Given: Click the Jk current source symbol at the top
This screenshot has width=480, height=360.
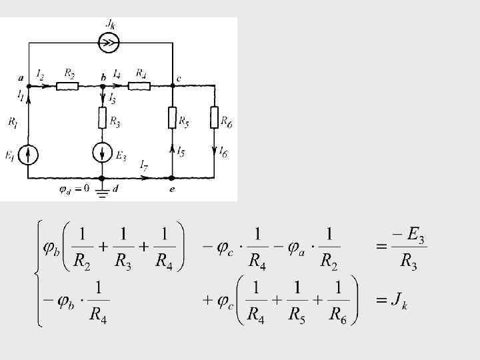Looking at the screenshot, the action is (x=108, y=44).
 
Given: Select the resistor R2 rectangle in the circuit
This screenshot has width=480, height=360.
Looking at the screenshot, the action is (x=67, y=85).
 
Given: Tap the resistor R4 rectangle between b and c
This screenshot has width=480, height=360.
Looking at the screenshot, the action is (x=139, y=85).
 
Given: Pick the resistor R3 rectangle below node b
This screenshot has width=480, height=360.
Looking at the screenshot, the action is (x=102, y=118).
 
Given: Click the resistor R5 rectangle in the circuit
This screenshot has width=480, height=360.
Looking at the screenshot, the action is (x=172, y=118).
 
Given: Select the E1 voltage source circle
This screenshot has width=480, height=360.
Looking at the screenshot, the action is (x=28, y=155).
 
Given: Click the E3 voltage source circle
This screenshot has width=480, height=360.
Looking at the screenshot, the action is (x=102, y=152).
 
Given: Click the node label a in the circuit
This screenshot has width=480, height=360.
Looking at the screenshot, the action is (x=21, y=78).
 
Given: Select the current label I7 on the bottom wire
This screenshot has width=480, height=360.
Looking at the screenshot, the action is (x=143, y=165).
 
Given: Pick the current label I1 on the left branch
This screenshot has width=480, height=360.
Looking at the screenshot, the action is (x=21, y=97).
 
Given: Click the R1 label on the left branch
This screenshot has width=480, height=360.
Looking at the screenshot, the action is (x=12, y=122).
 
